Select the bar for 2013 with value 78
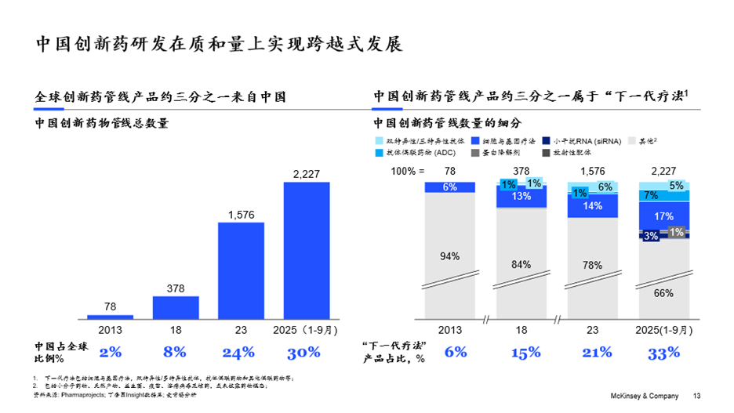pos(110,317)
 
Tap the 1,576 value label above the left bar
pos(241,213)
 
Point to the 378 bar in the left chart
pos(176,307)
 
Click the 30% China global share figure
pos(303,353)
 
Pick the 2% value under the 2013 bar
pos(110,353)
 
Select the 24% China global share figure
pos(238,353)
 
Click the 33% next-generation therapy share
pos(663,353)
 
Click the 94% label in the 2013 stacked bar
pos(449,255)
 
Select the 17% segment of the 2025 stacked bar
pos(663,216)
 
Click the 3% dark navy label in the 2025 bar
pos(650,235)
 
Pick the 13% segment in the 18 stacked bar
pos(521,197)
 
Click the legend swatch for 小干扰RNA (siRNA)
pos(547,141)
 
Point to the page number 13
pos(696,396)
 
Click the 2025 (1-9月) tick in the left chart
pos(303,329)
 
